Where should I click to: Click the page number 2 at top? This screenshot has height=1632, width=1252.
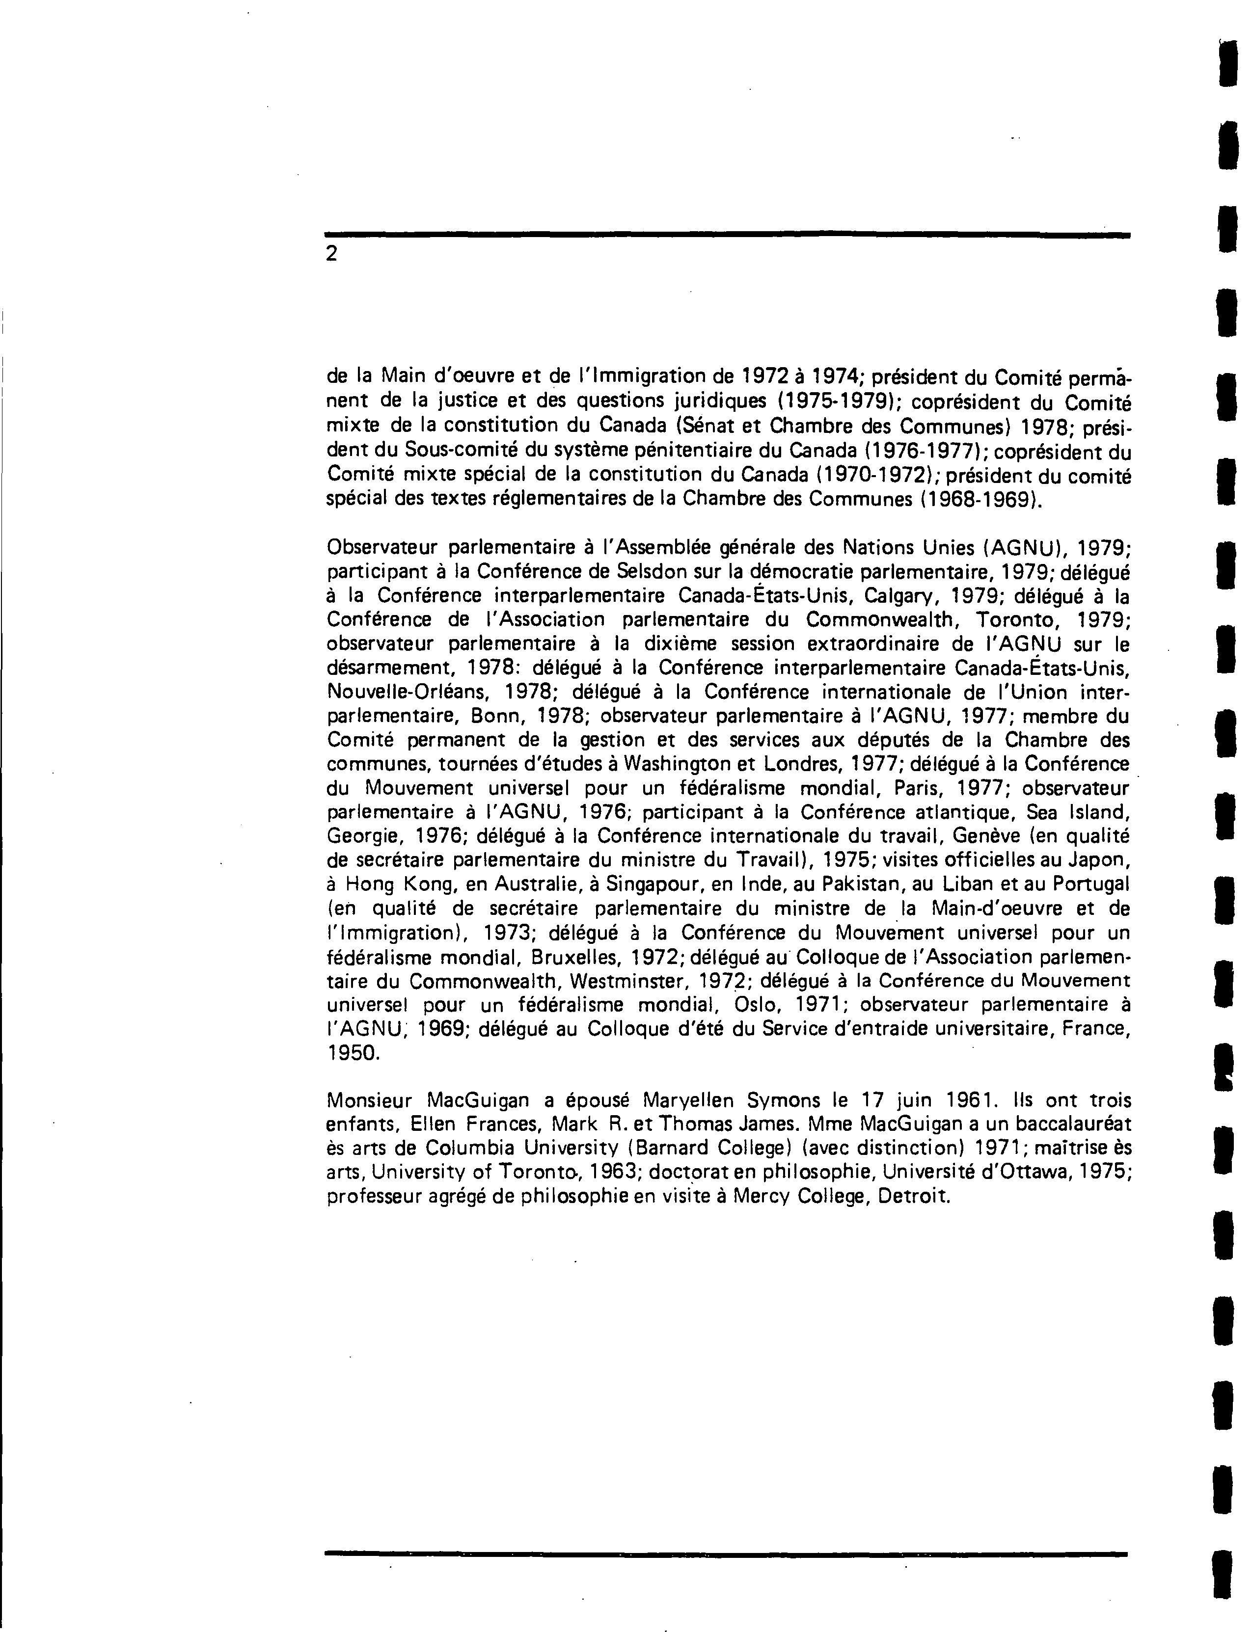(x=331, y=254)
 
